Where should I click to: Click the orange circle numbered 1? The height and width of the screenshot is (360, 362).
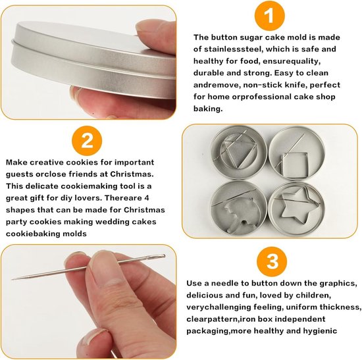pos(269,15)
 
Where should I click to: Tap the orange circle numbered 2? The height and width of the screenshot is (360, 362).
pos(87,141)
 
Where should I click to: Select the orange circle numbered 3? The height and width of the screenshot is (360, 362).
pos(272,262)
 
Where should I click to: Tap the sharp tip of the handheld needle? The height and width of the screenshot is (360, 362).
pos(12,279)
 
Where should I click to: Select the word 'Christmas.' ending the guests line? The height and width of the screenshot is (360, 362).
pos(132,174)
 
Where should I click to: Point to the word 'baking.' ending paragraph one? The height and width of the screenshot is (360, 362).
pos(208,109)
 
